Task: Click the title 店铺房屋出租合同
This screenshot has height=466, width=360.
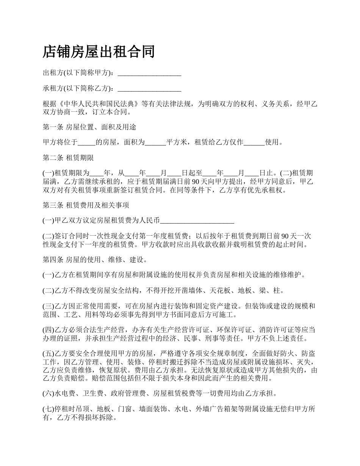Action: [99, 52]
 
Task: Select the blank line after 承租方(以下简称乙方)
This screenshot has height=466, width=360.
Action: [149, 89]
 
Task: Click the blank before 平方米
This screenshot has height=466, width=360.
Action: [155, 143]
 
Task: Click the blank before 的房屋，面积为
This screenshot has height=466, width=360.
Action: [86, 143]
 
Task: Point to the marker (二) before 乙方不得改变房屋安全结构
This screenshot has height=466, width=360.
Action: [49, 291]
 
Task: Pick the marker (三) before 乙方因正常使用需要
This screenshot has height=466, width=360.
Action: [49, 306]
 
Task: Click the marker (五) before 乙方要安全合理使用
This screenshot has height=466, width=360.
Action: [49, 354]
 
